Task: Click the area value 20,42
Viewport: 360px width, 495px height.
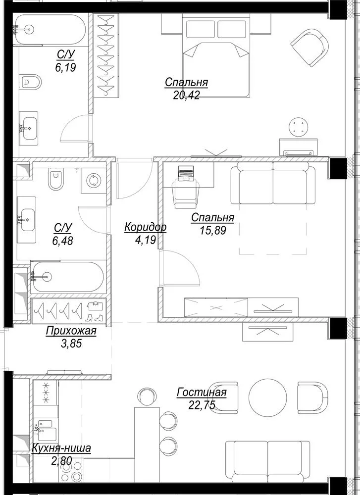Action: pyautogui.click(x=186, y=95)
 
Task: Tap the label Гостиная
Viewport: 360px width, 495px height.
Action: pyautogui.click(x=202, y=392)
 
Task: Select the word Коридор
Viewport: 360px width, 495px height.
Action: pyautogui.click(x=145, y=227)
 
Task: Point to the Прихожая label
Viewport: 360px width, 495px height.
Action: pyautogui.click(x=71, y=331)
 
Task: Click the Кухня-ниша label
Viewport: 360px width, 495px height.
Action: pyautogui.click(x=61, y=448)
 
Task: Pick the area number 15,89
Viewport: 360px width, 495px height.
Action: pyautogui.click(x=213, y=230)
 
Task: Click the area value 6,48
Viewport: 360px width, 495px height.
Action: pyautogui.click(x=63, y=241)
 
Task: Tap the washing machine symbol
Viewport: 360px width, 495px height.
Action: pyautogui.click(x=94, y=180)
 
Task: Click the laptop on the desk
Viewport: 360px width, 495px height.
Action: pyautogui.click(x=186, y=173)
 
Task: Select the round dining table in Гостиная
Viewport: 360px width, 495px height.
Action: pyautogui.click(x=268, y=397)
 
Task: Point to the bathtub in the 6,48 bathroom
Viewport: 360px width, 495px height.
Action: pyautogui.click(x=67, y=277)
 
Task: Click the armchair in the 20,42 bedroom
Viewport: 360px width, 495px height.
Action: pyautogui.click(x=310, y=48)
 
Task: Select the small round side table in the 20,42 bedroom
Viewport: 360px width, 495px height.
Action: pyautogui.click(x=298, y=127)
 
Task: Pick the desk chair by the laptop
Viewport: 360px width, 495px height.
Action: pyautogui.click(x=186, y=194)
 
